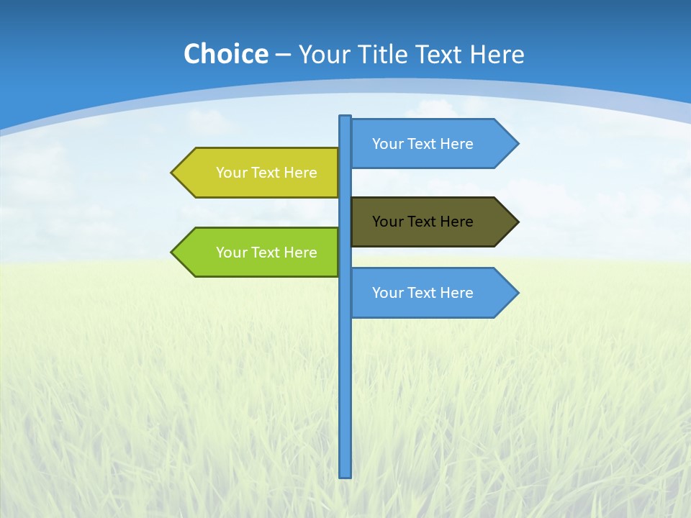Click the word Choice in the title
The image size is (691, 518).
click(x=225, y=54)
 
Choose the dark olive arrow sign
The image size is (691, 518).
click(x=432, y=222)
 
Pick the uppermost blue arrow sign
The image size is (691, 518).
click(x=432, y=144)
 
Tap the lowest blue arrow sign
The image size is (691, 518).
click(x=432, y=293)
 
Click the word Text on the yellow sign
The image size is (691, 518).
click(x=266, y=173)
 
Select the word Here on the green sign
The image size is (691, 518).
click(x=300, y=253)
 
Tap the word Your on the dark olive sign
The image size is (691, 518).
click(x=387, y=222)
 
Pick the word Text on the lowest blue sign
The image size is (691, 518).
click(x=423, y=293)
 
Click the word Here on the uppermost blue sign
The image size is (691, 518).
click(x=456, y=144)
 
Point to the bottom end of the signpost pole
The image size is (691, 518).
click(x=345, y=475)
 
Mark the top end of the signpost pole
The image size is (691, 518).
click(x=345, y=118)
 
